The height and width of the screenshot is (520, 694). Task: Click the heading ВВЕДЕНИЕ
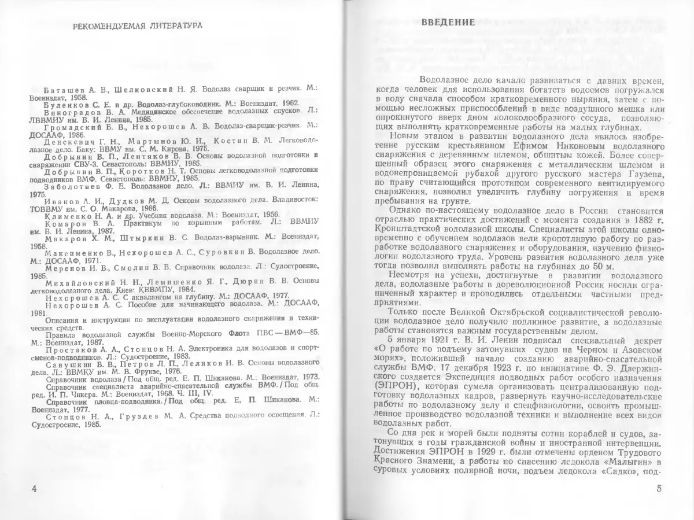point(448,23)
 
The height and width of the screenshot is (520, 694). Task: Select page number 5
point(660,489)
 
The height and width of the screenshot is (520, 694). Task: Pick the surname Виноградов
point(69,113)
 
